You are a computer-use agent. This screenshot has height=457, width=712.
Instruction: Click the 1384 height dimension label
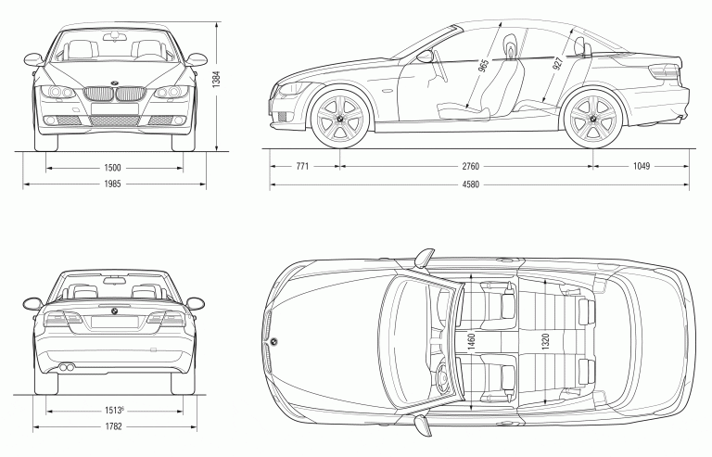pos(216,81)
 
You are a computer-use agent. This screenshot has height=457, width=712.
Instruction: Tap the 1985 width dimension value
pos(113,184)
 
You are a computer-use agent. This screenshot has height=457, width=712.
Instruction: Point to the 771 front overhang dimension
pos(302,167)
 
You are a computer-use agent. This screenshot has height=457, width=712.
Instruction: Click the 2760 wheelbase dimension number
pos(470,167)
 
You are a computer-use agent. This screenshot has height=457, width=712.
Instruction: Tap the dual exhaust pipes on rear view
pos(68,369)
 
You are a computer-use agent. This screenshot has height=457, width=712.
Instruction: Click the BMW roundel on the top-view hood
pos(275,342)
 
